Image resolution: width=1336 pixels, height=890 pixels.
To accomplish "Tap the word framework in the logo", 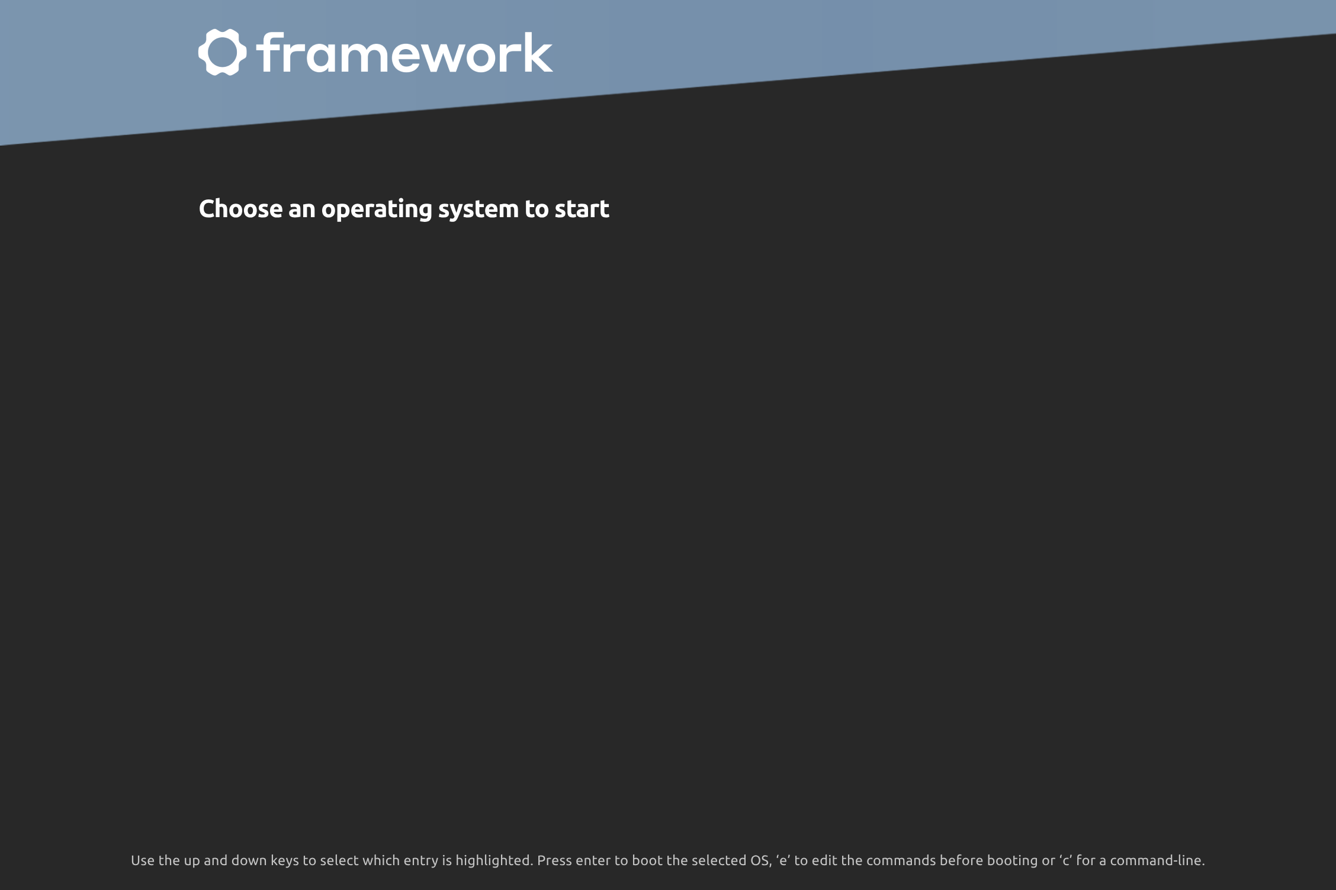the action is click(x=405, y=52).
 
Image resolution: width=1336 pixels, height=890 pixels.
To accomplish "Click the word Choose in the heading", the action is click(x=240, y=208).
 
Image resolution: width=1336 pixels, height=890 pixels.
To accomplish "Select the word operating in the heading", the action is click(x=377, y=210).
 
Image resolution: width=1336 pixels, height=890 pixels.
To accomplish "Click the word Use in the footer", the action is click(x=143, y=860).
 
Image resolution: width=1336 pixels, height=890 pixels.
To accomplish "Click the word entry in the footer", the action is click(x=421, y=862).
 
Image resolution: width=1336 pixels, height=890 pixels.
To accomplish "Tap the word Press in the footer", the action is click(x=554, y=860).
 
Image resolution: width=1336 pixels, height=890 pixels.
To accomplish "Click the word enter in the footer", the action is click(x=593, y=861).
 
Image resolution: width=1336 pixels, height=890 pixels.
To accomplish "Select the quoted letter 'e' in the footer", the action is click(x=783, y=860).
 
